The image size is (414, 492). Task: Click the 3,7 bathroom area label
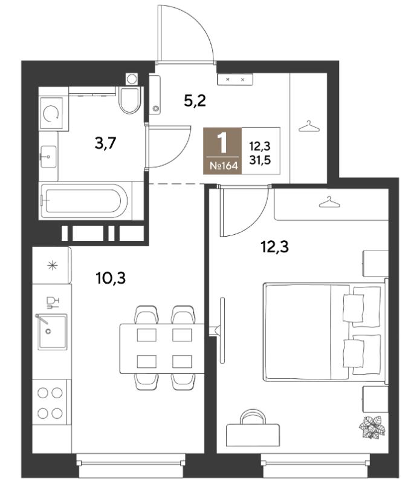pos(105,143)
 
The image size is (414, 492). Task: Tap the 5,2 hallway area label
pos(195,101)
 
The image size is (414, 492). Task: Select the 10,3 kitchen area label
pos(111,278)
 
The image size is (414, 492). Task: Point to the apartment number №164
pos(224,166)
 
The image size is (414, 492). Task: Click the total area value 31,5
pos(260,160)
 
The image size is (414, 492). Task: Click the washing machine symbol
pos(51,113)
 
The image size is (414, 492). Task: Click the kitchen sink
pos(52,332)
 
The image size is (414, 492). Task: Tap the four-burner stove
pos(50,402)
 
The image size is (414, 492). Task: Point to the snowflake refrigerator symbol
pos(53,266)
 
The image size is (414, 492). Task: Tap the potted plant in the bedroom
pos(372,427)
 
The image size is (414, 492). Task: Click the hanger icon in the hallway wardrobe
pos(309,126)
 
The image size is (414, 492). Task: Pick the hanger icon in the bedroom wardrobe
pos(329,202)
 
